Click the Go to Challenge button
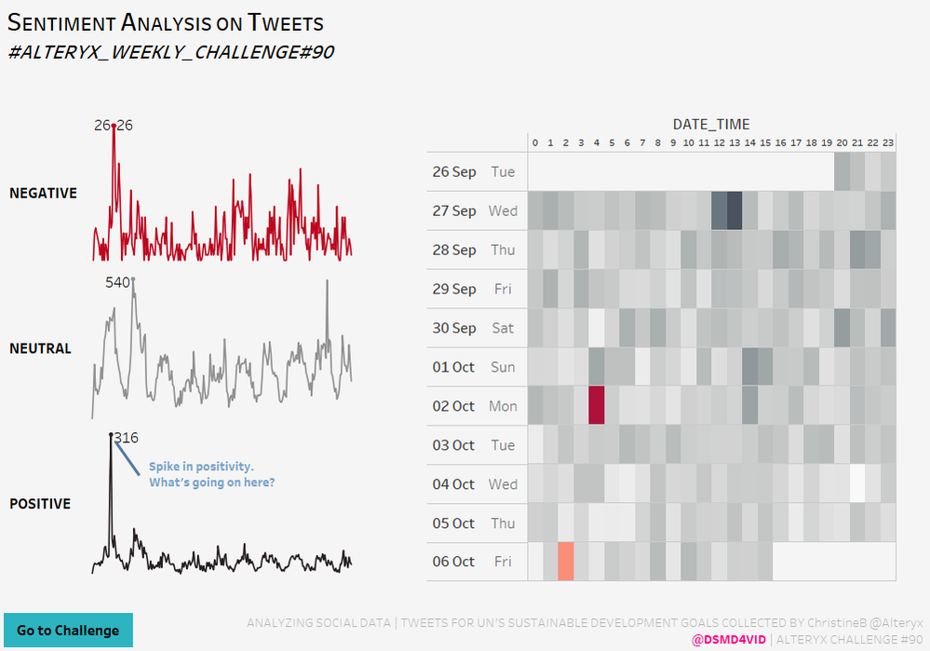68,631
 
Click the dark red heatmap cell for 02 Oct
597,406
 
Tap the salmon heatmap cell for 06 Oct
566,562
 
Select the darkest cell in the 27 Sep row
735,210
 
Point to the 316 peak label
127,438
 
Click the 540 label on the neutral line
117,282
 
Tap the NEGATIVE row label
43,193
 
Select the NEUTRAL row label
40,348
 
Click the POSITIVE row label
40,504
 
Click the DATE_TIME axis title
711,124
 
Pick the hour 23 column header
888,142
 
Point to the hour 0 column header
534,142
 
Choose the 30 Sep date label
454,328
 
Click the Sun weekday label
503,367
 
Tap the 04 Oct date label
453,484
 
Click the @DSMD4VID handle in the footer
729,639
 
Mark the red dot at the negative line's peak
114,126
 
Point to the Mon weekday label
502,406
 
